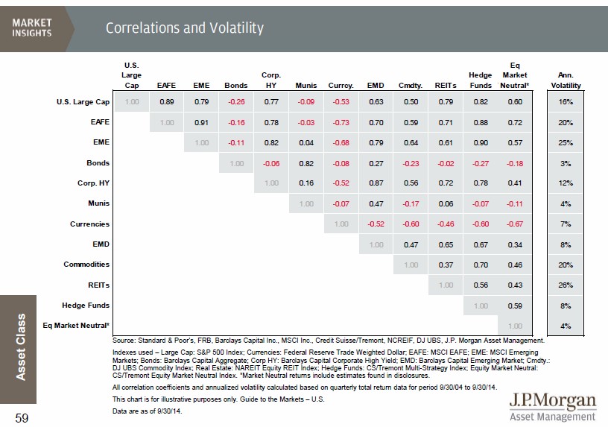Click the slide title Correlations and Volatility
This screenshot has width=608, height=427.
tap(185, 28)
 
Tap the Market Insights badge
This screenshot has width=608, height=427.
tap(32, 28)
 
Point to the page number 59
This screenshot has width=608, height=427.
tap(22, 418)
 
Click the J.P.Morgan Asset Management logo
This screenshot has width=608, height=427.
tap(552, 407)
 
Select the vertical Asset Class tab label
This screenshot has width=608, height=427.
tap(22, 345)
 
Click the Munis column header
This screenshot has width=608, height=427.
tap(306, 86)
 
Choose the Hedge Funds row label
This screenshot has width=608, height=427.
tap(86, 305)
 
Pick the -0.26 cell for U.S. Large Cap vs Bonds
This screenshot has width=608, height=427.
tap(236, 101)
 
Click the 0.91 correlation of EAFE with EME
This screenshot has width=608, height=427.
tap(201, 122)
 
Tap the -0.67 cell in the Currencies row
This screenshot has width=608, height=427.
tap(515, 224)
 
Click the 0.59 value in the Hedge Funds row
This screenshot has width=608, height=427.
tap(515, 305)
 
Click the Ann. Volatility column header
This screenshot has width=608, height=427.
tap(564, 80)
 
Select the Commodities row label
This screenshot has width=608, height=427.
tap(86, 264)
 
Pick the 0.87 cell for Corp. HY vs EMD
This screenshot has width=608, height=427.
tap(376, 183)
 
